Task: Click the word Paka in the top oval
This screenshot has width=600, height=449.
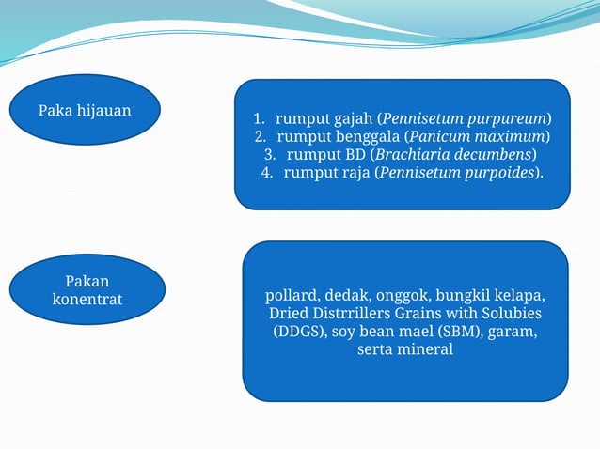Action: tap(55, 111)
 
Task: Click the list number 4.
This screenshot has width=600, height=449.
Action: tap(266, 172)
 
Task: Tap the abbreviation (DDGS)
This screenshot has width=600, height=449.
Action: tap(301, 331)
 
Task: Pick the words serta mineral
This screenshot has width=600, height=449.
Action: tap(405, 349)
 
